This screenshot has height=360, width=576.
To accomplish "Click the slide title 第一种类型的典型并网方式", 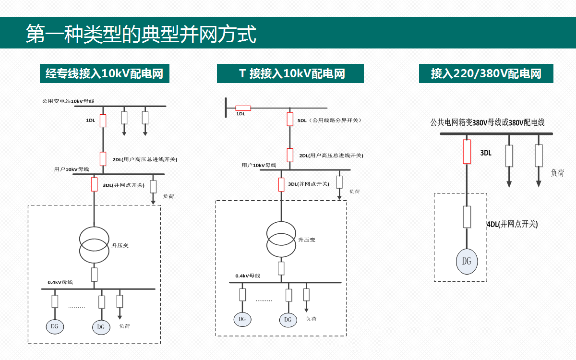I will [x=141, y=34].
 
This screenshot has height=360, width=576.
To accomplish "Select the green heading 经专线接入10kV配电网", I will [x=104, y=74].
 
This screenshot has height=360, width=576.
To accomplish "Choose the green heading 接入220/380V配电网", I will [x=486, y=74].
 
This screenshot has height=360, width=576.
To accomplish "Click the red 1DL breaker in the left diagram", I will [x=103, y=120].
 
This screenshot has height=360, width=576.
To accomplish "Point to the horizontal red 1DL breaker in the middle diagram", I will [x=243, y=108].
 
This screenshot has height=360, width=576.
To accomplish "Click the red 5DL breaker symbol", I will [x=290, y=119].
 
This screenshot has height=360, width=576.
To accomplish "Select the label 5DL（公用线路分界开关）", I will [x=329, y=120].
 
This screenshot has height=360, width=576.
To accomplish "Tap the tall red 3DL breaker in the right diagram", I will [x=467, y=152].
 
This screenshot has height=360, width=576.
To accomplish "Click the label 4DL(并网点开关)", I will [x=512, y=224].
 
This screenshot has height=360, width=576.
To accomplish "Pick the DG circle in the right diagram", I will [x=467, y=261].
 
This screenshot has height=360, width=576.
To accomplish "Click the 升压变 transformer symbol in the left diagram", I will [x=94, y=245].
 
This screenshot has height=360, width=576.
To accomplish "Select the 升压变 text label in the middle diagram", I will [x=307, y=240].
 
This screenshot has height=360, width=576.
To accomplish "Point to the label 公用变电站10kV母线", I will [x=68, y=101].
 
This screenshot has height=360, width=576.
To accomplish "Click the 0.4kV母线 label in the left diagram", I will [x=60, y=282].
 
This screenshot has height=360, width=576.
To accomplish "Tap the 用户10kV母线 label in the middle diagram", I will [x=259, y=165].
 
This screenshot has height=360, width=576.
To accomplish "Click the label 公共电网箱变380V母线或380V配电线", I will [x=487, y=123].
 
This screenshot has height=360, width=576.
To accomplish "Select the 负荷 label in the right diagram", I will [x=557, y=173].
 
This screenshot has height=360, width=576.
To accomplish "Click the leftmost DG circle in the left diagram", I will [x=55, y=326].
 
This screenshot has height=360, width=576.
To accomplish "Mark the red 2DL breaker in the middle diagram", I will [x=290, y=155].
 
